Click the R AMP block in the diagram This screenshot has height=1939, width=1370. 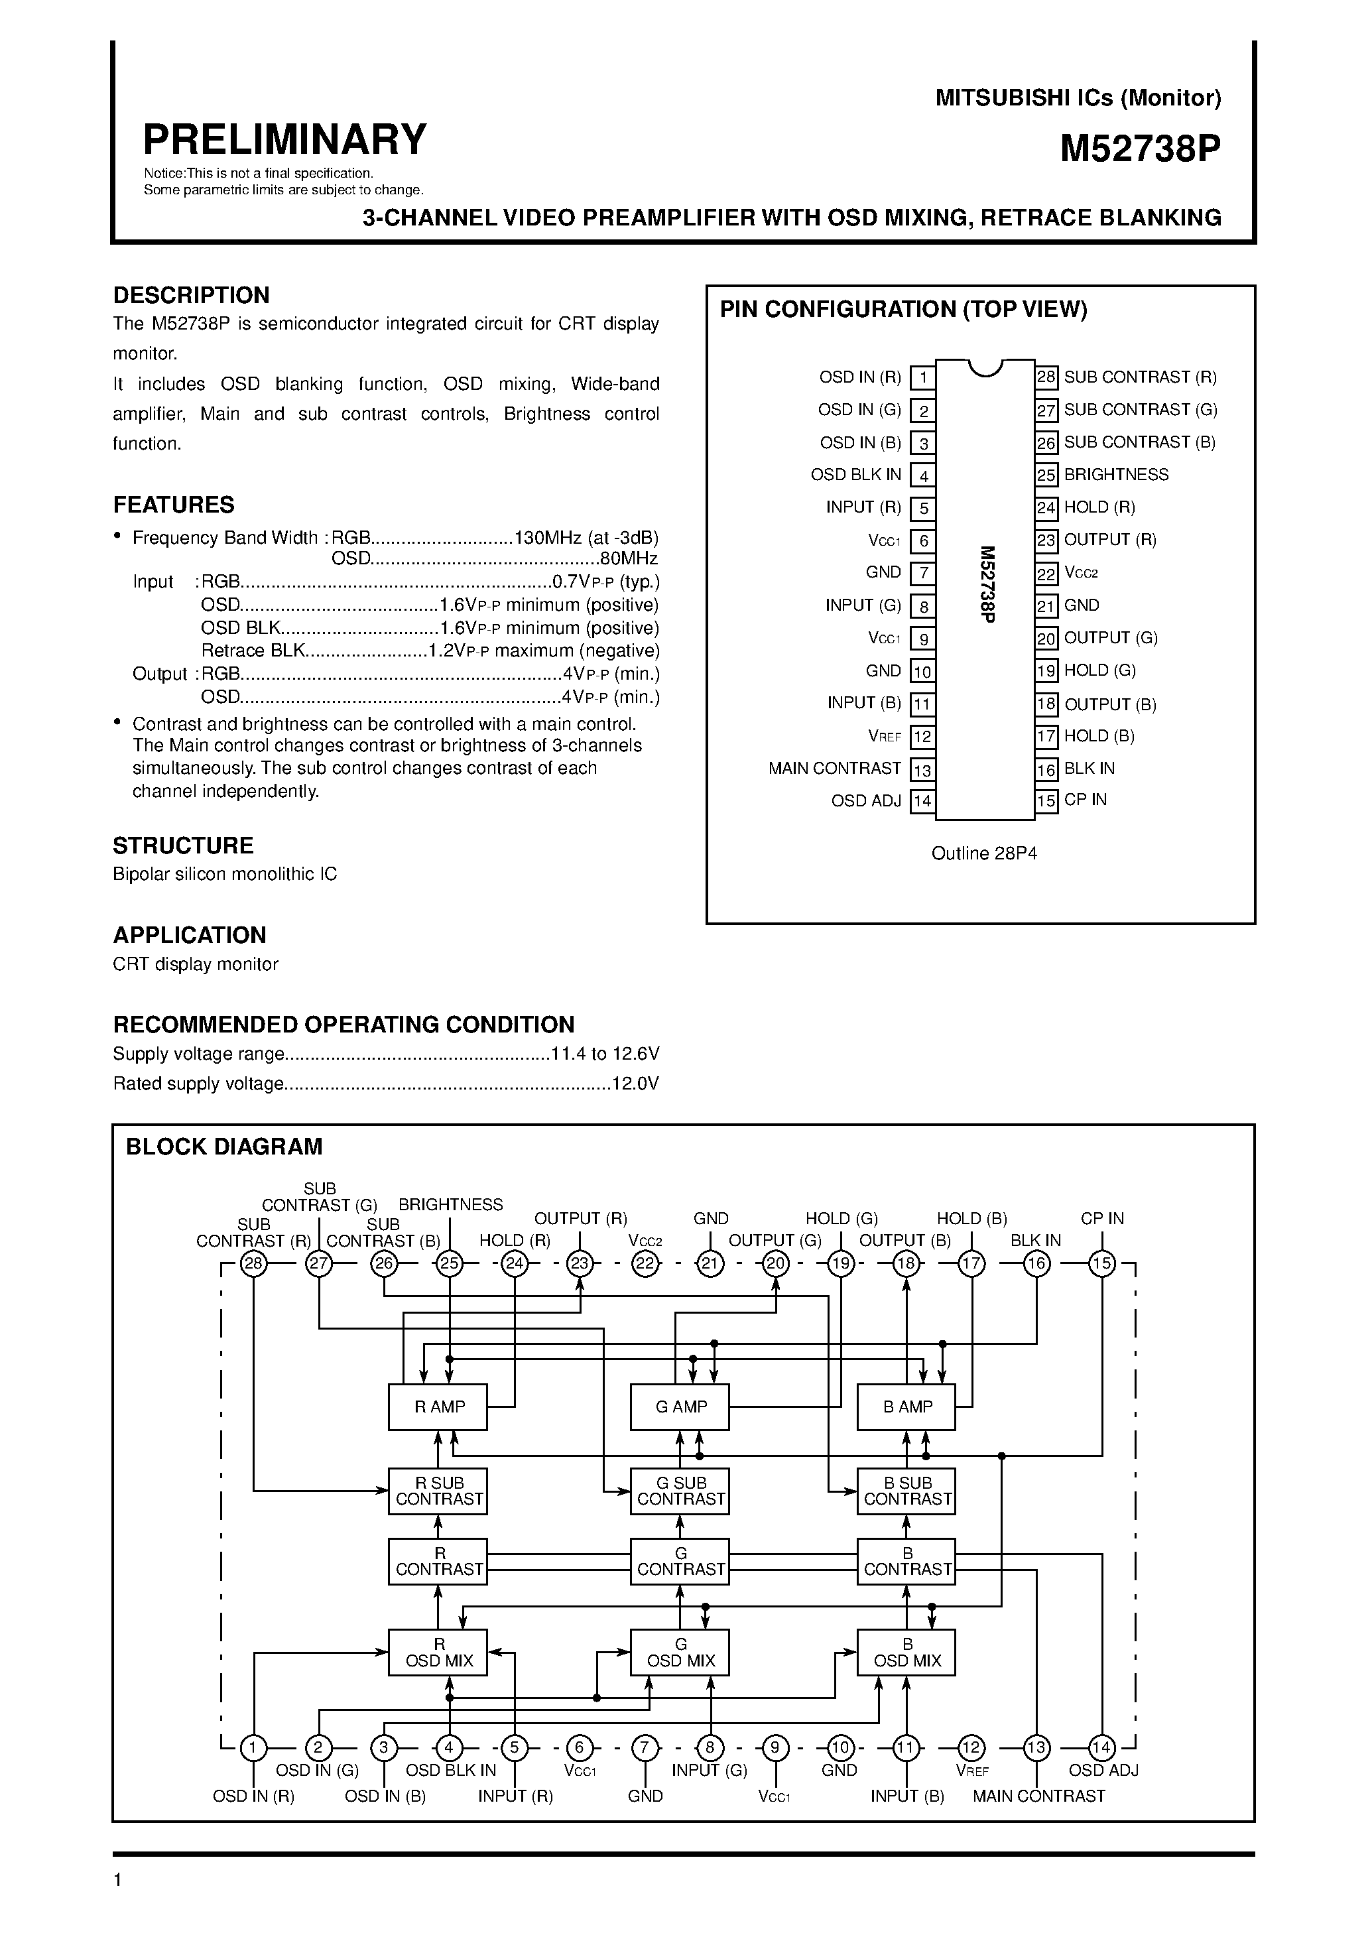point(438,1407)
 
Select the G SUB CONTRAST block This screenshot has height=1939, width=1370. point(680,1491)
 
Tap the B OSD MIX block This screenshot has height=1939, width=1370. point(906,1652)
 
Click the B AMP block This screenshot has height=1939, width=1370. point(906,1407)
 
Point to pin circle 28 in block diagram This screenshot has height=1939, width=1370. point(253,1264)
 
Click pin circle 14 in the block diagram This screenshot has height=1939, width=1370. point(1101,1747)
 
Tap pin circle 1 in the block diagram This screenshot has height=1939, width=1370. point(253,1747)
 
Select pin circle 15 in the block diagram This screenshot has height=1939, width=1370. point(1101,1264)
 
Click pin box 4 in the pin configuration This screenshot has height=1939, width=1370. point(923,475)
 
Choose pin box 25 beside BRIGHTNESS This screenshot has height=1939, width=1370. point(1046,475)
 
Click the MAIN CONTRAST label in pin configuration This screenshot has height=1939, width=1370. point(834,769)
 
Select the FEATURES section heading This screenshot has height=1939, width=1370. point(174,505)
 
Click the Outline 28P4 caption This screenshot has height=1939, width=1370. point(984,854)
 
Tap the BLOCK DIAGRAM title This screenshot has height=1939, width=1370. point(224,1147)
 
